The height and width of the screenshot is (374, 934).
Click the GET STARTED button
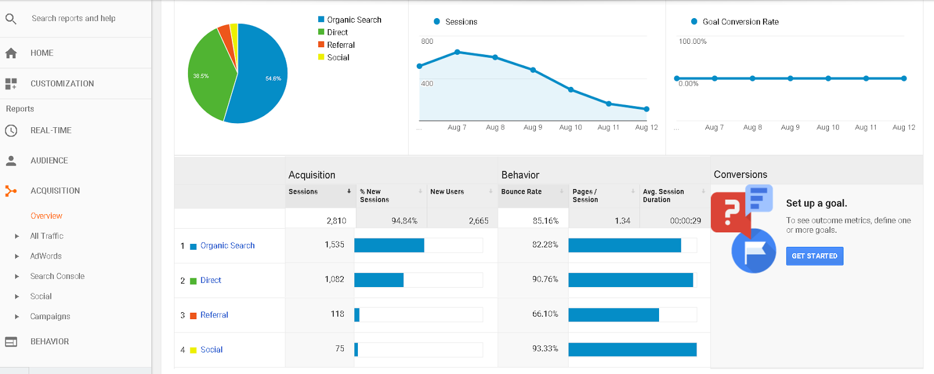coord(814,256)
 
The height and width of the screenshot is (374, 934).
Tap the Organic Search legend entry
coord(354,20)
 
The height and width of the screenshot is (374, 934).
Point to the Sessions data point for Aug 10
coord(571,90)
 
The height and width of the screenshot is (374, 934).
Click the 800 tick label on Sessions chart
coord(427,41)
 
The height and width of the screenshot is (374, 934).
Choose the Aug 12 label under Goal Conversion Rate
coord(904,127)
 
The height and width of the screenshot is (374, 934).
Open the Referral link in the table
coord(214,315)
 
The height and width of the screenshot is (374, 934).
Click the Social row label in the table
coord(211,349)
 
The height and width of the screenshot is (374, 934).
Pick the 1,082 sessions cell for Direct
coord(334,279)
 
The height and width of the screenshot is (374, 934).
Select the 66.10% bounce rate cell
coord(545,314)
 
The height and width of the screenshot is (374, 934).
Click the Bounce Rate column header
coord(521,191)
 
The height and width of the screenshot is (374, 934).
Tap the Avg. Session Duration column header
coord(663,195)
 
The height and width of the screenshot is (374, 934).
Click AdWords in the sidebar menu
coord(46,256)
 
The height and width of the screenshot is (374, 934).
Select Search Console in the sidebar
coord(57,276)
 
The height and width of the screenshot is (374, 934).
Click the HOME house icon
coord(11,53)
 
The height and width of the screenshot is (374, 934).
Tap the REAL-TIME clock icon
coord(11,131)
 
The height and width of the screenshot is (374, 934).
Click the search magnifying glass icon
coord(11,19)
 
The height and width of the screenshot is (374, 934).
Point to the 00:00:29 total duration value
coord(685,221)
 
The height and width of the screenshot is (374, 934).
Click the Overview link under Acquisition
coord(46,216)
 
